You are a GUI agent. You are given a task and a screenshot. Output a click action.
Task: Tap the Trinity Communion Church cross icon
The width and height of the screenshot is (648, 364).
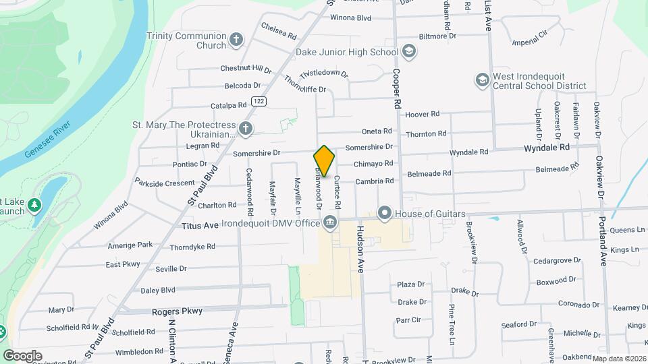coord(236,40)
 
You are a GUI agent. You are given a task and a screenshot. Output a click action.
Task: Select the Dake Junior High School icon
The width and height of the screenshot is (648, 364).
coord(408,52)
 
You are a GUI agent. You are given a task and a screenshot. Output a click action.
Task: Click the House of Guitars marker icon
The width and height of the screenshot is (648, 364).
coord(385,214)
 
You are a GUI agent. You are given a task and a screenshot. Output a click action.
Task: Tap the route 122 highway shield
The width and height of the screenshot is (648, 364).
coord(258,101)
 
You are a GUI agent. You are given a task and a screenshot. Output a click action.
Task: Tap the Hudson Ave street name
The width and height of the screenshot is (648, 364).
coord(360,249)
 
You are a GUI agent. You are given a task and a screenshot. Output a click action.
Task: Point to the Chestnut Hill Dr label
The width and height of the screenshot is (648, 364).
coord(246,69)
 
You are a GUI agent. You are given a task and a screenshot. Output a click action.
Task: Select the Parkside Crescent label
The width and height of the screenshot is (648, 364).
coord(165,183)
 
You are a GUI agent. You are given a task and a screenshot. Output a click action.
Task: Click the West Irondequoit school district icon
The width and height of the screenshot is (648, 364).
coord(482,80)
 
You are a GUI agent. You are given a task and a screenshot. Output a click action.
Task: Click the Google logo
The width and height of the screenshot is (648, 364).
coord(22,355)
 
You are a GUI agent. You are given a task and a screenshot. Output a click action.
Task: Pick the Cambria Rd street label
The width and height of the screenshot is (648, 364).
coord(375,181)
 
